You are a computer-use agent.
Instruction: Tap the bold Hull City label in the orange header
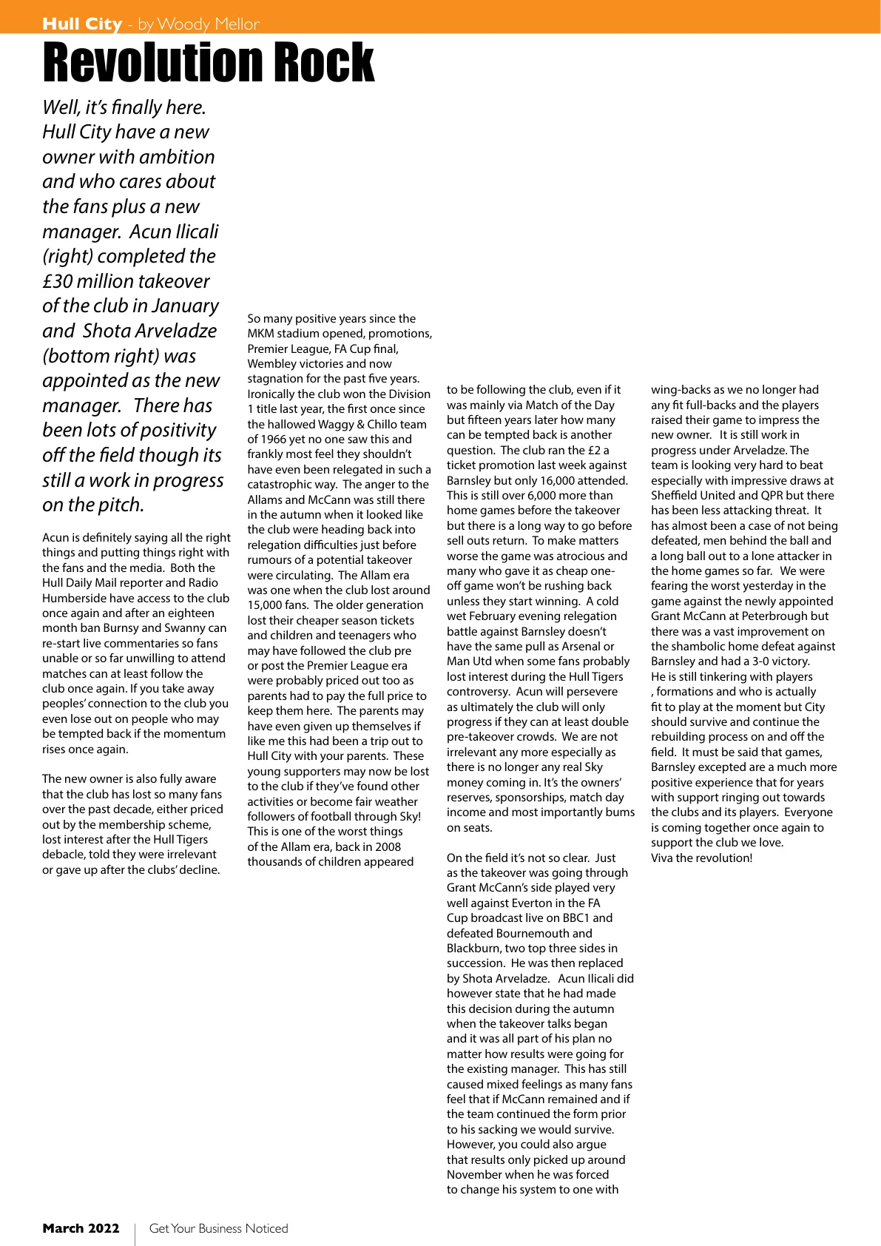tap(82, 24)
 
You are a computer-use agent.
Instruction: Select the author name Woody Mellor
tap(208, 24)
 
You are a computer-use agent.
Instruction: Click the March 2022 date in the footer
tap(81, 1228)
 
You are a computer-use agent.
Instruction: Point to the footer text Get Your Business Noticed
tap(218, 1228)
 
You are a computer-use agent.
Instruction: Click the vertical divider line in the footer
tap(135, 1233)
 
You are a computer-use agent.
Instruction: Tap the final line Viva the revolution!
tap(701, 858)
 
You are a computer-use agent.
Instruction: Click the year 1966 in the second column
tap(276, 440)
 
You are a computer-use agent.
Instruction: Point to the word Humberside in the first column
tap(73, 599)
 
